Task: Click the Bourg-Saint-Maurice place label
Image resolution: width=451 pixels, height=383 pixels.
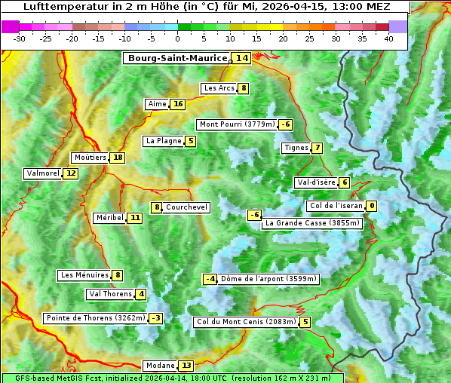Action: click(177, 58)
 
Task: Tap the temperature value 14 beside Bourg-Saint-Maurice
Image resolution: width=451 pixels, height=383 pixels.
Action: click(241, 58)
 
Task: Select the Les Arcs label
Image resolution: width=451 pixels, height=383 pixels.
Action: click(219, 88)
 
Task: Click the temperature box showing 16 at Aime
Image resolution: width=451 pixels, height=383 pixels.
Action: click(177, 104)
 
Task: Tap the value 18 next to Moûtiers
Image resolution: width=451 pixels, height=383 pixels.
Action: click(117, 158)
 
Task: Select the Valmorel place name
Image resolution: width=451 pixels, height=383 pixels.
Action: click(43, 173)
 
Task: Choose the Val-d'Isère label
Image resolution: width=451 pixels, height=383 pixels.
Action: click(316, 182)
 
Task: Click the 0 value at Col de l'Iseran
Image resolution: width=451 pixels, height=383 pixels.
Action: click(372, 206)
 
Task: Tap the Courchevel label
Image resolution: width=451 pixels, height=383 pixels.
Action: click(186, 207)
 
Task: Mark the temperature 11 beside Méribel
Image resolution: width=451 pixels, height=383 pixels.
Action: click(134, 218)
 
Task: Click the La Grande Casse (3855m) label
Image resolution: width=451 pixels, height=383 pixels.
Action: click(312, 223)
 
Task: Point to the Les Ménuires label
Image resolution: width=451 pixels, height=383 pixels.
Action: click(84, 275)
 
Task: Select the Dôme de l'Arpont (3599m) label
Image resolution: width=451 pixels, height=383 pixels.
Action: click(268, 279)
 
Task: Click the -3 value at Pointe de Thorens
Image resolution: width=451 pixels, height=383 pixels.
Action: click(155, 318)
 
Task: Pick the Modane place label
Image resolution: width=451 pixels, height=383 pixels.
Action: click(159, 366)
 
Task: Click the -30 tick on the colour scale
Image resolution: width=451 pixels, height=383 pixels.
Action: click(20, 38)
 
